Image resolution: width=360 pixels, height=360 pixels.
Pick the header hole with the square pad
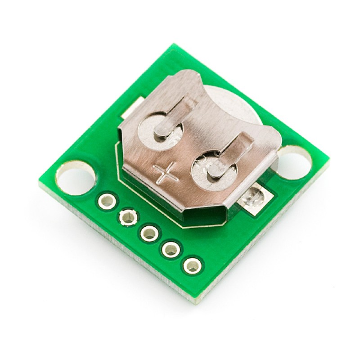[x=128, y=217]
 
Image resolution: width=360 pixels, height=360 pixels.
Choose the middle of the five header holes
[x=149, y=233]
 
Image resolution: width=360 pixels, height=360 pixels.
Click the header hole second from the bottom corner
[x=171, y=249]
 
